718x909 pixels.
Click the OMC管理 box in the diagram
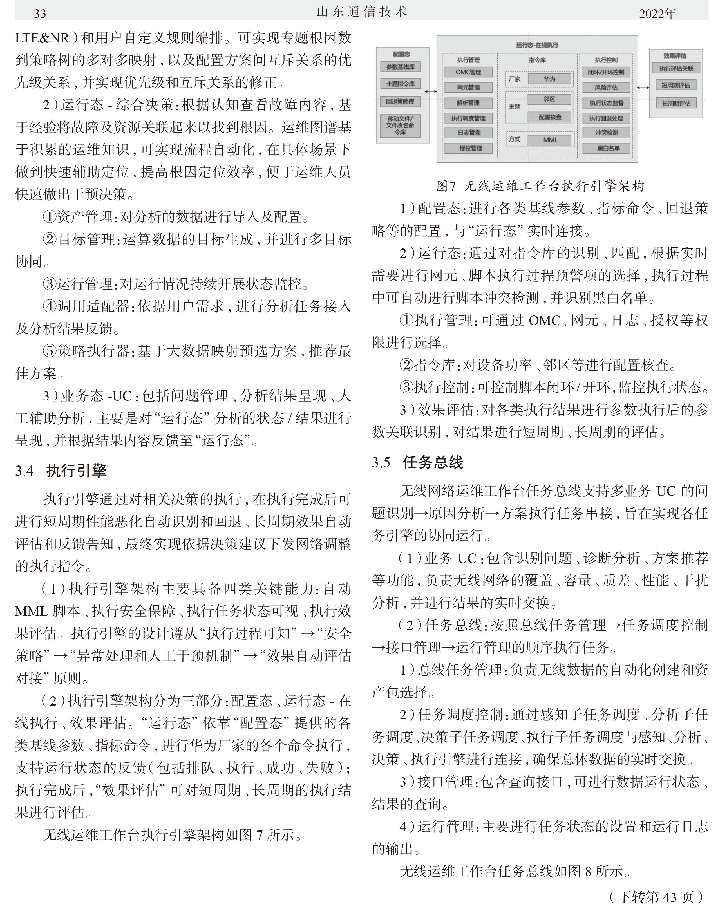pyautogui.click(x=468, y=72)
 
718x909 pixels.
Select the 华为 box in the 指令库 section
pyautogui.click(x=549, y=79)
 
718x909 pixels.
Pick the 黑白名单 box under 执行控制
pyautogui.click(x=606, y=148)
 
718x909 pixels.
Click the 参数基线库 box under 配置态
pyautogui.click(x=400, y=67)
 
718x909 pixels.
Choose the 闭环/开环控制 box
pyautogui.click(x=606, y=72)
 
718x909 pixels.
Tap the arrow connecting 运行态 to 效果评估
pyautogui.click(x=643, y=88)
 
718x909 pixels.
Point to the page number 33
pyautogui.click(x=39, y=14)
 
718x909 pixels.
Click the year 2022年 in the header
pyautogui.click(x=657, y=14)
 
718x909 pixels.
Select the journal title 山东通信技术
pyautogui.click(x=361, y=12)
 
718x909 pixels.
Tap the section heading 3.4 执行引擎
pyautogui.click(x=61, y=471)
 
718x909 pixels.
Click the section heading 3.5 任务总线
pyautogui.click(x=417, y=462)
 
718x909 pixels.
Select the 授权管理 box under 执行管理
pyautogui.click(x=469, y=148)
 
